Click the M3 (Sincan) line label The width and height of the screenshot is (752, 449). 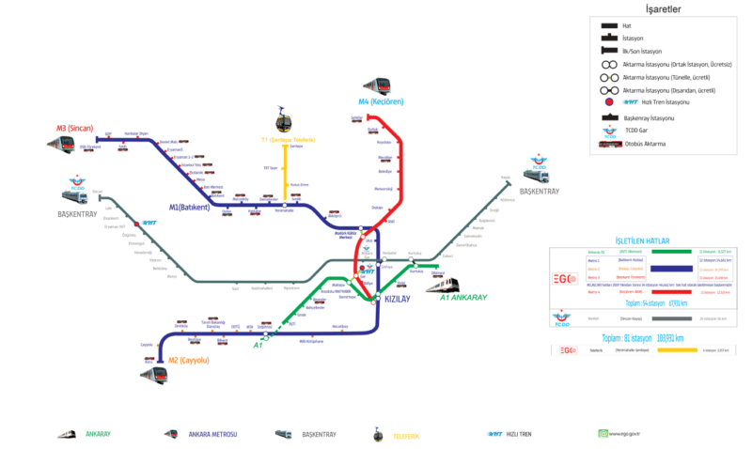73,127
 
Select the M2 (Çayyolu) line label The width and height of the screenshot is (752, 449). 187,360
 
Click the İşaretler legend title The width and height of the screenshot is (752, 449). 663,9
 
